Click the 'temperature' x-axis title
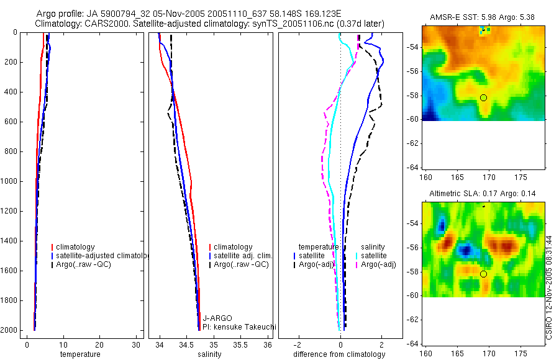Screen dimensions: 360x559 (80, 354)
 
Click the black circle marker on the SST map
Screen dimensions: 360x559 (483, 97)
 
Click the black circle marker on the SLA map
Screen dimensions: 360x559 (483, 274)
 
